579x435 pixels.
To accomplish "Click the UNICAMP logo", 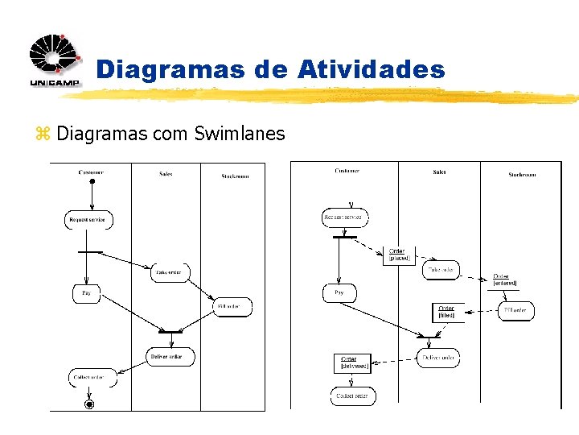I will pyautogui.click(x=55, y=61).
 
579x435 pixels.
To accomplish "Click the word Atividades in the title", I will pyautogui.click(x=370, y=69).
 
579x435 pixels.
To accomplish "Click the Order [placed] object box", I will pyautogui.click(x=397, y=255).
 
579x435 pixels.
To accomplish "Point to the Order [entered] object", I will pyautogui.click(x=504, y=280).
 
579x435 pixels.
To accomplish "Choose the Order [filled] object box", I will pyautogui.click(x=446, y=312).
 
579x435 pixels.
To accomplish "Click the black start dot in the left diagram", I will pyautogui.click(x=92, y=181).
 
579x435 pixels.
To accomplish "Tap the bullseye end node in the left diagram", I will pyautogui.click(x=90, y=404).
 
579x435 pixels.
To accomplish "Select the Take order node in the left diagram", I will pyautogui.click(x=169, y=272).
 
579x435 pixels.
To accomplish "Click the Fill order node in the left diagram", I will pyautogui.click(x=232, y=307).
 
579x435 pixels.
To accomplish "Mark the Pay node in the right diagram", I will pyautogui.click(x=339, y=293).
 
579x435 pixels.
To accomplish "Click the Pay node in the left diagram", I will pyautogui.click(x=87, y=294).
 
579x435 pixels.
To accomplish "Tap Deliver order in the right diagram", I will pyautogui.click(x=438, y=358).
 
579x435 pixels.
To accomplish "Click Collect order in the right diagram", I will pyautogui.click(x=352, y=396).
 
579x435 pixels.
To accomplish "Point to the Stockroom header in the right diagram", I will pyautogui.click(x=522, y=175).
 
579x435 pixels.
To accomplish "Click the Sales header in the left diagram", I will pyautogui.click(x=166, y=173).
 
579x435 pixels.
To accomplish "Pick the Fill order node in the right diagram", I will pyautogui.click(x=515, y=310).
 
